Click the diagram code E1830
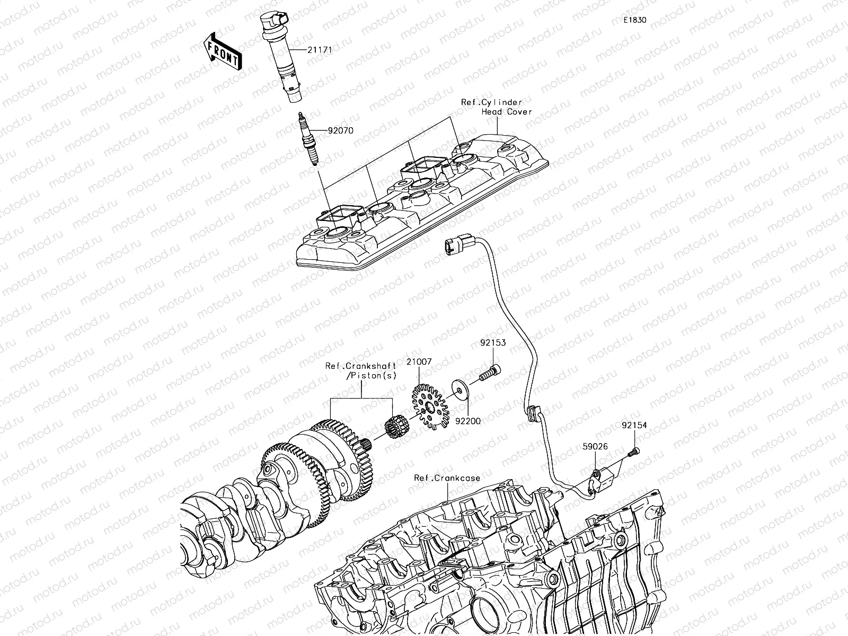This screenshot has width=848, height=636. pyautogui.click(x=634, y=21)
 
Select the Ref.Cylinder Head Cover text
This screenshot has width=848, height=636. pyautogui.click(x=496, y=107)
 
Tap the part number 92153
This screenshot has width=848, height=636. pyautogui.click(x=493, y=343)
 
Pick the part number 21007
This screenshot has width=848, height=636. pyautogui.click(x=419, y=361)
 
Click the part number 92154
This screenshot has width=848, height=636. pyautogui.click(x=634, y=425)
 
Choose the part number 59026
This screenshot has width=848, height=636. pyautogui.click(x=595, y=447)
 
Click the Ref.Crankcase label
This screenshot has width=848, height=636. pyautogui.click(x=447, y=478)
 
